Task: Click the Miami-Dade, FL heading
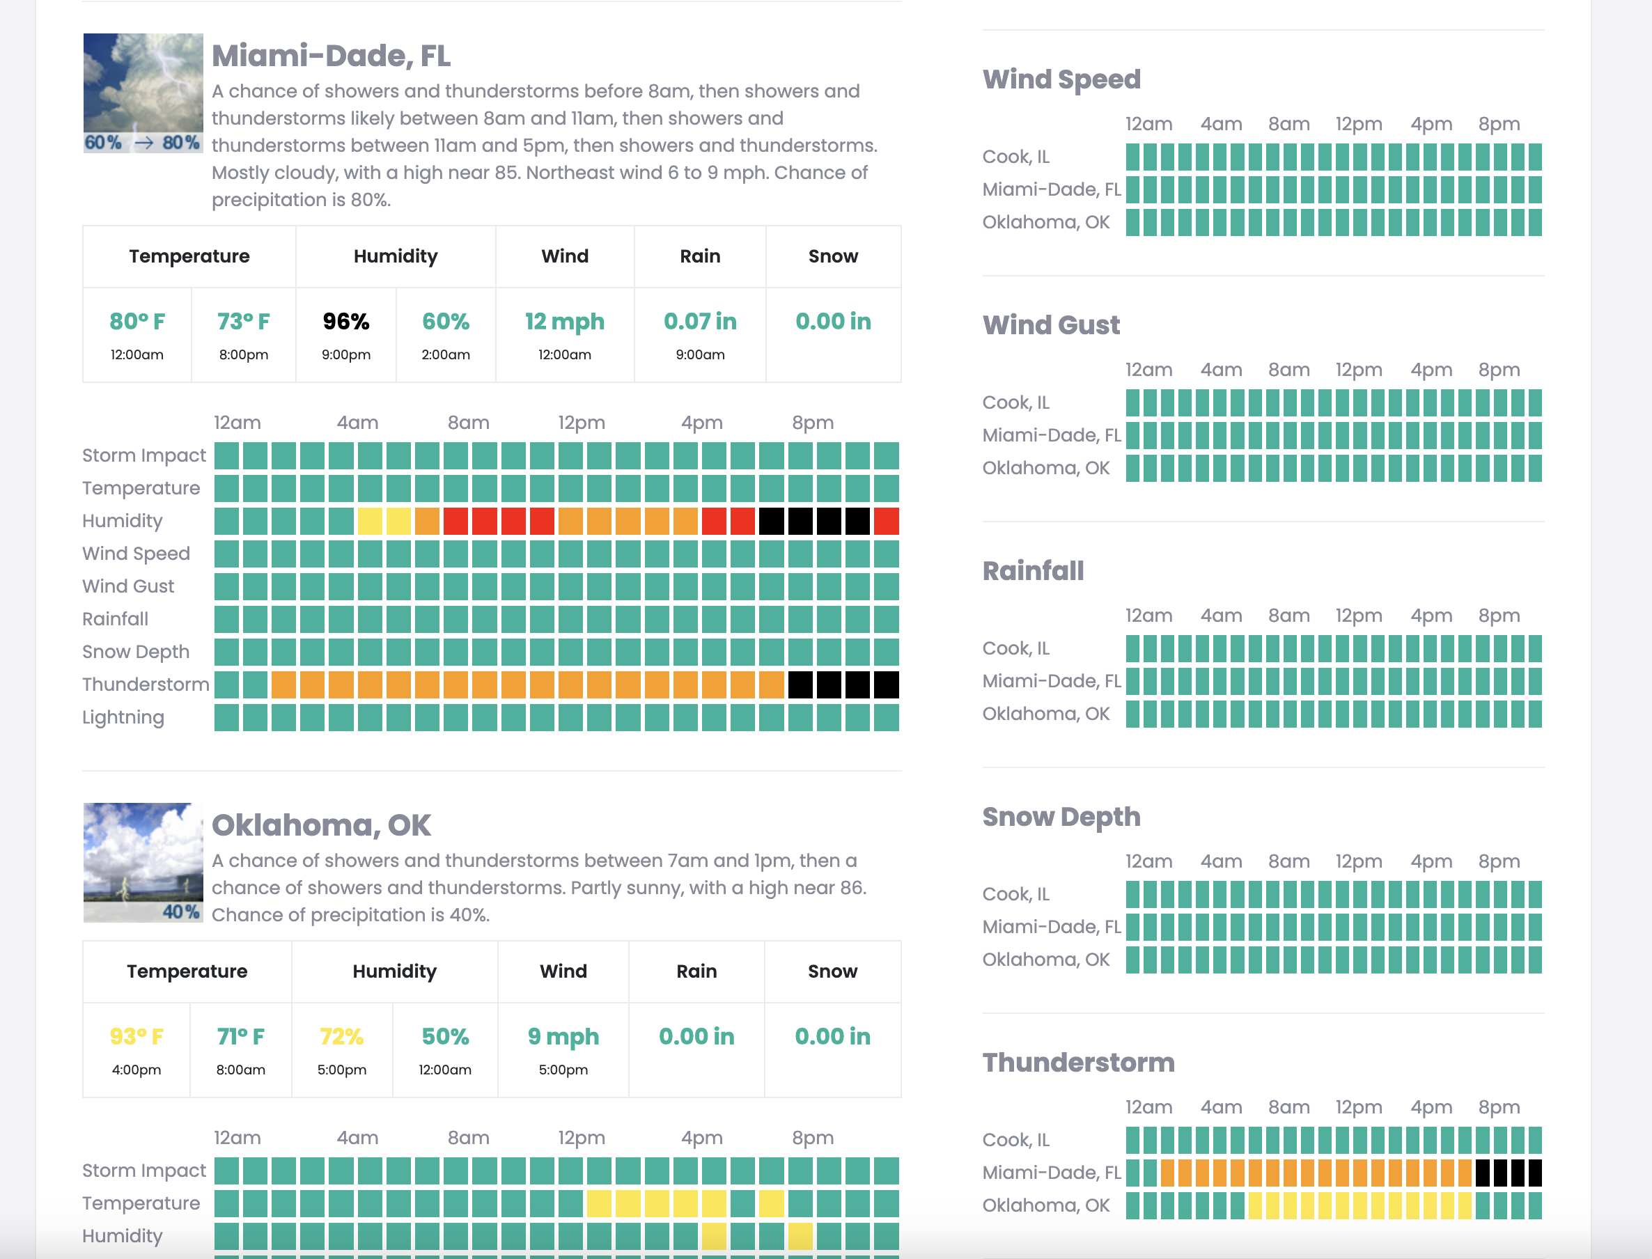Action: [331, 56]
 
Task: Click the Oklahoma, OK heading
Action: [321, 825]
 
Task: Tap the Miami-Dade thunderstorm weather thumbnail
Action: [142, 92]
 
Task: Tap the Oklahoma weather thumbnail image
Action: [142, 862]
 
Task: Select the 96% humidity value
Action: [345, 322]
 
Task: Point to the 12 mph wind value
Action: [564, 322]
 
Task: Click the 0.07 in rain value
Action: [700, 322]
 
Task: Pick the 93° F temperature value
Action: [137, 1036]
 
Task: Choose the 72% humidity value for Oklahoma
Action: [342, 1036]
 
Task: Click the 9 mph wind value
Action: [563, 1036]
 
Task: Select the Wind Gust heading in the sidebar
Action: [1051, 324]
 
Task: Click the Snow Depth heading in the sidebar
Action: [1061, 816]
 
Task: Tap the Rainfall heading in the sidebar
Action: [1033, 570]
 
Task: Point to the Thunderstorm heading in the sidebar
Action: [1079, 1062]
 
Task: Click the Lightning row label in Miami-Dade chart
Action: [123, 717]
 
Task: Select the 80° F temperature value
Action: [137, 322]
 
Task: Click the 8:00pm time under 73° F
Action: [244, 354]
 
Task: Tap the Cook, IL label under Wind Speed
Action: [1015, 157]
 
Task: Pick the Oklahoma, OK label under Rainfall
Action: [1045, 714]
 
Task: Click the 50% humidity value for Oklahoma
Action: [445, 1036]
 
